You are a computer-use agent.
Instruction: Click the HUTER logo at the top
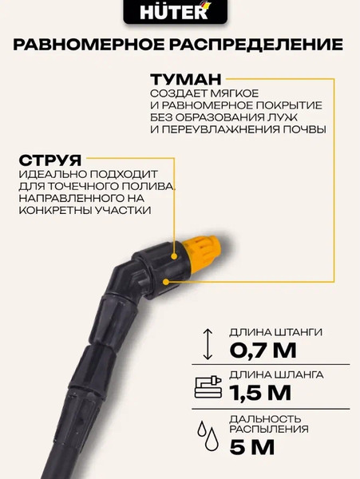pyautogui.click(x=179, y=10)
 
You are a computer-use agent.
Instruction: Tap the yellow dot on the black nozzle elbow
pyautogui.click(x=166, y=281)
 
